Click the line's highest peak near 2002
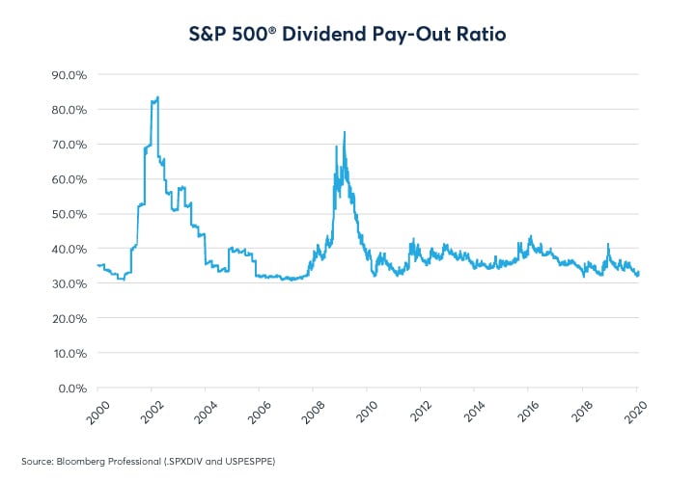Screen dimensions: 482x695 pyautogui.click(x=157, y=96)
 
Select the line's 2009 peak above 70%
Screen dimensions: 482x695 pyautogui.click(x=344, y=132)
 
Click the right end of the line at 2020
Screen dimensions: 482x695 pyautogui.click(x=638, y=273)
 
